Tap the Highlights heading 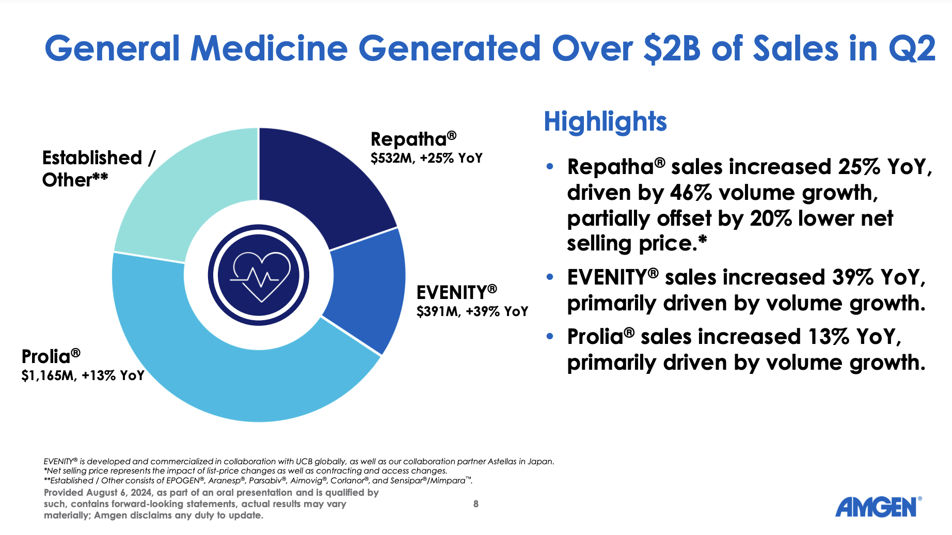click(605, 122)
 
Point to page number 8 click(476, 504)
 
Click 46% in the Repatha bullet click(691, 193)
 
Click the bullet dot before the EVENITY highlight click(550, 277)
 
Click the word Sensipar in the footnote click(406, 481)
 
